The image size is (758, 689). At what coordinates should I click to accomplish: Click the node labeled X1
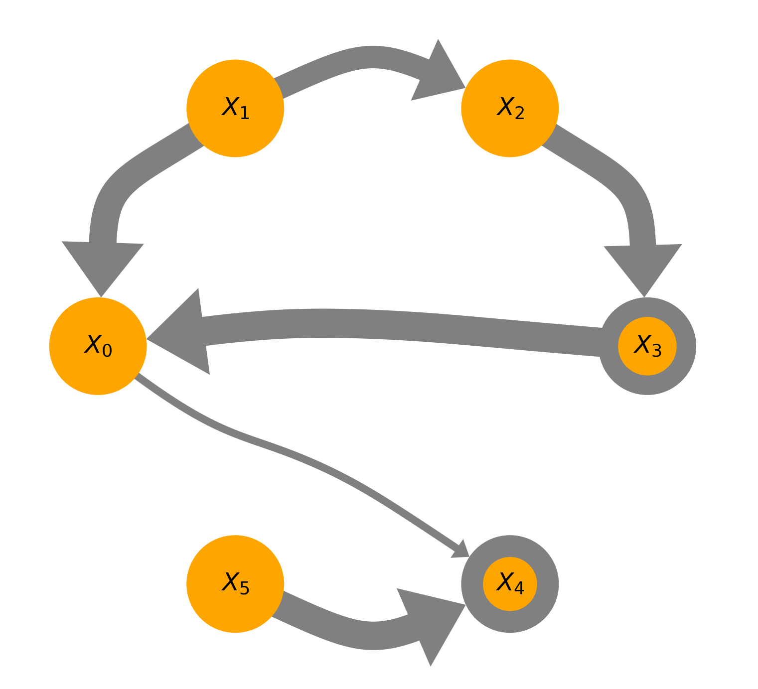235,108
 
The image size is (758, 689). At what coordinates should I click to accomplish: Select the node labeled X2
510,108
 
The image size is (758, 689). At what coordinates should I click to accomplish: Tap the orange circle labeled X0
98,346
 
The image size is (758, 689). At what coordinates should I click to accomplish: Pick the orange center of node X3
647,346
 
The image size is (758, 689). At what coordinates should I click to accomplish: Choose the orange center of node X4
510,583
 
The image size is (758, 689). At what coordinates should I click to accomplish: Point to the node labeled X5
235,583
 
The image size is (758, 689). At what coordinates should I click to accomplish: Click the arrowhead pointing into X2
436,75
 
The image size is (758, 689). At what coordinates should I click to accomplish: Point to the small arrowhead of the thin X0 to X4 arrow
461,550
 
